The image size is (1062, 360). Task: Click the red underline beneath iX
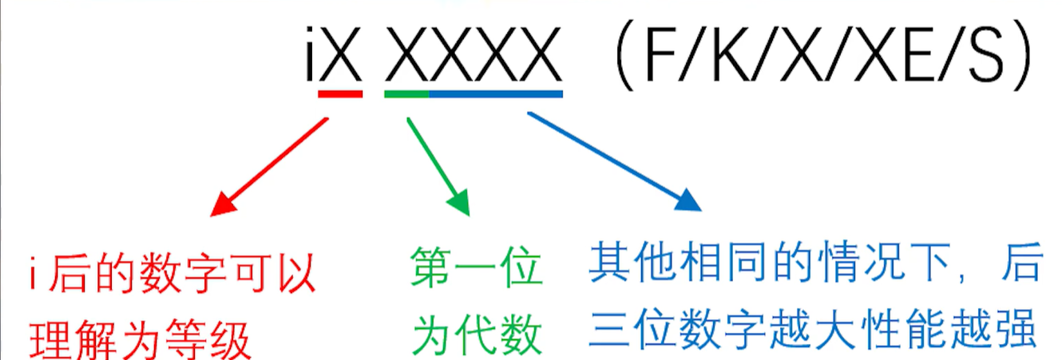coord(340,93)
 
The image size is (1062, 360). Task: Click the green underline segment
coord(406,93)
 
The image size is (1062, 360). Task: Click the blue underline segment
coord(496,93)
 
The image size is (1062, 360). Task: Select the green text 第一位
coord(477,267)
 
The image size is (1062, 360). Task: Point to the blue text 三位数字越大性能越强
coord(813,329)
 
